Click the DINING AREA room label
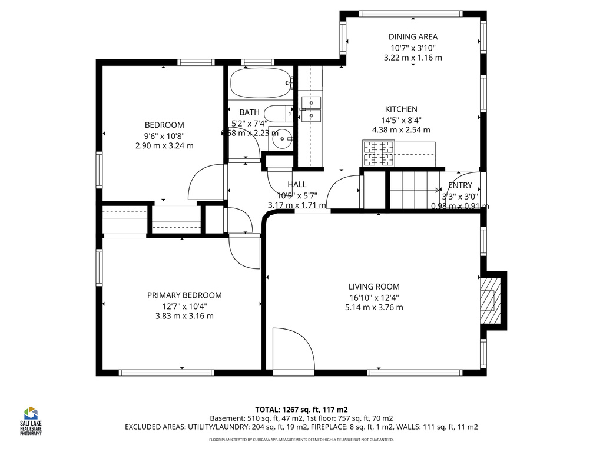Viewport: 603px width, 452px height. pyautogui.click(x=413, y=36)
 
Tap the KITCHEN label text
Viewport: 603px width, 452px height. pyautogui.click(x=401, y=109)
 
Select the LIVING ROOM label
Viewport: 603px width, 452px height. pyautogui.click(x=373, y=287)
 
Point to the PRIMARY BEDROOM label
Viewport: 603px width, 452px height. pyautogui.click(x=184, y=295)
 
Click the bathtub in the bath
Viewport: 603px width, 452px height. pyautogui.click(x=260, y=84)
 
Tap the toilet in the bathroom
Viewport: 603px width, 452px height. pyautogui.click(x=277, y=112)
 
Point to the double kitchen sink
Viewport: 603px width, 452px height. pyautogui.click(x=310, y=109)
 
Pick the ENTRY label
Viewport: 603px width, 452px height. pyautogui.click(x=460, y=185)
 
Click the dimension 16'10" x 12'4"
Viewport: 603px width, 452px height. pyautogui.click(x=374, y=297)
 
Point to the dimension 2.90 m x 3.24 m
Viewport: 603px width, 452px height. pyautogui.click(x=164, y=145)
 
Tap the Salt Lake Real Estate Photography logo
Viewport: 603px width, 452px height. pyautogui.click(x=31, y=420)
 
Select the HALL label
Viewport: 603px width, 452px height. pyautogui.click(x=297, y=184)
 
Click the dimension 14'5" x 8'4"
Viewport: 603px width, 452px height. pyautogui.click(x=401, y=119)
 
